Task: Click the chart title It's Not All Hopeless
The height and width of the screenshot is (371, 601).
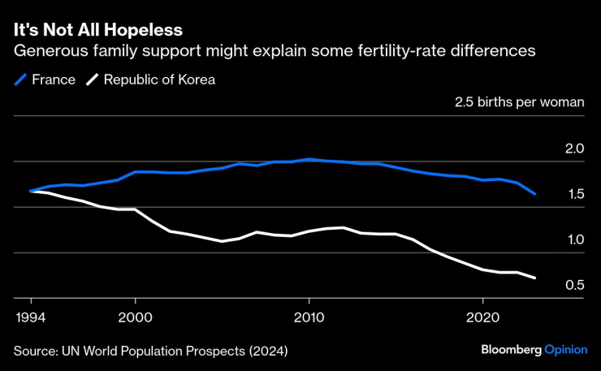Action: coord(98,29)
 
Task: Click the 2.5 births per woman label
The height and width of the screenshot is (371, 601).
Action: coord(520,103)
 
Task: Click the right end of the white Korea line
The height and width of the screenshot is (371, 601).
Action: coord(534,278)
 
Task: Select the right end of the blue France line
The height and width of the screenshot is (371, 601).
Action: coord(534,194)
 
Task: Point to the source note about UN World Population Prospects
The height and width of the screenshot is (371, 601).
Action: coord(150,351)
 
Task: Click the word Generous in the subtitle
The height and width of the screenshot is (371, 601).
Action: coord(48,51)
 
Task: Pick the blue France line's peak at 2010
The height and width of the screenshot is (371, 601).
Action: coord(309,159)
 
